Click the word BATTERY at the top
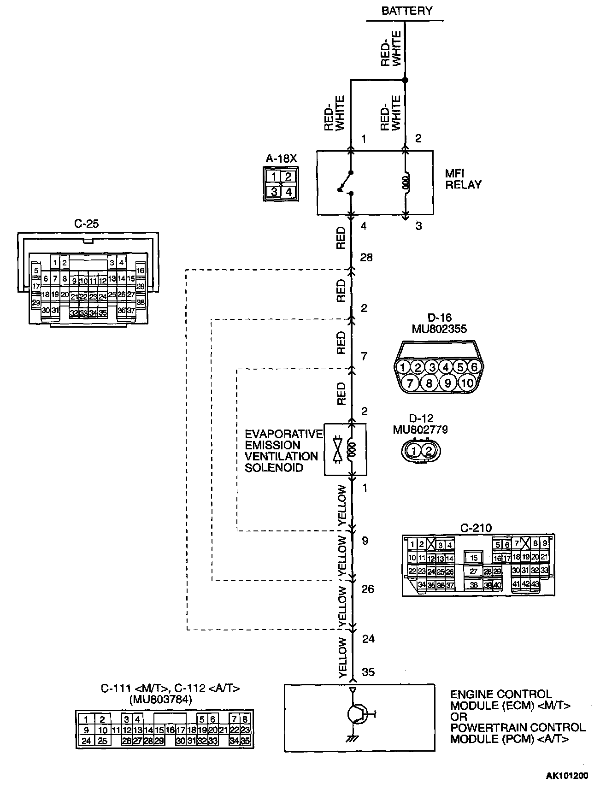[x=406, y=11]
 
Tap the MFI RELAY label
[x=463, y=179]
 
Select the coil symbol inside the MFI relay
[x=406, y=182]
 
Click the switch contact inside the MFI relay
[x=346, y=183]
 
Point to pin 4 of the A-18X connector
[x=288, y=191]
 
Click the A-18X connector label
[x=281, y=159]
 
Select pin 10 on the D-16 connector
[x=467, y=383]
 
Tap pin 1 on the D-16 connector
[x=403, y=367]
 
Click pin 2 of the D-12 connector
[x=428, y=451]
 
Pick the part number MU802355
[x=440, y=329]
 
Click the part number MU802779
[x=420, y=430]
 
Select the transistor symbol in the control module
[x=357, y=714]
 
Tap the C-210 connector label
[x=476, y=528]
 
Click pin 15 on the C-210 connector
[x=473, y=558]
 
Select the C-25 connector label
[x=86, y=224]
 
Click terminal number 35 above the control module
[x=368, y=672]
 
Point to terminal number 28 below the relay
[x=366, y=257]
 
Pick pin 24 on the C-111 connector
[x=86, y=741]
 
